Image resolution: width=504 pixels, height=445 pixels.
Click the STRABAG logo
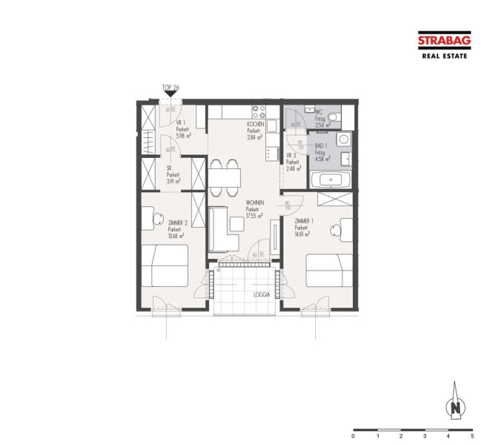point(443,42)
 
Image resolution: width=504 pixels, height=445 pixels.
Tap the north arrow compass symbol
point(457,405)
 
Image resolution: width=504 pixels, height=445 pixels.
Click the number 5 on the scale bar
point(471,438)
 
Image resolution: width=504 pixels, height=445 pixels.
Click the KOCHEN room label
point(256,125)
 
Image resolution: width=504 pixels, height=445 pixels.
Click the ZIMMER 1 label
point(304,222)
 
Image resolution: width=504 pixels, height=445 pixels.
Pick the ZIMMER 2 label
point(177,223)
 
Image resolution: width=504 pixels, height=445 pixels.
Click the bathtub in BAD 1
point(331,179)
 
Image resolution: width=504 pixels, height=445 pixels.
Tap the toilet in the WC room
point(334,117)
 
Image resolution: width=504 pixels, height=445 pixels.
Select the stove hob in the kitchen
point(259,113)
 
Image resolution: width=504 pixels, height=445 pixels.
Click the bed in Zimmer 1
point(329,270)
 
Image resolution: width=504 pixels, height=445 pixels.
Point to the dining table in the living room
point(225,177)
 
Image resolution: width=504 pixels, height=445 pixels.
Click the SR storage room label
point(169,168)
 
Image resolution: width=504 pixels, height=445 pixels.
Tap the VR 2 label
point(291,156)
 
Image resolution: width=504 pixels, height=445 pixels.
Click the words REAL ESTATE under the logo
point(444,56)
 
